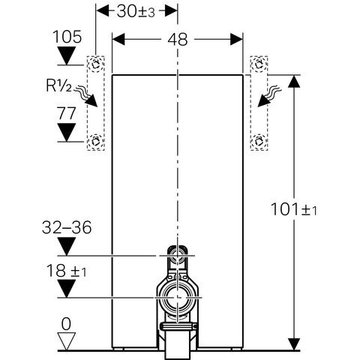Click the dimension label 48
[x=178, y=39]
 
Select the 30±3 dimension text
[x=136, y=11]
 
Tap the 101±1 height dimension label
[x=294, y=209]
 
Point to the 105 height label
[x=67, y=37]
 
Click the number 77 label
[x=67, y=113]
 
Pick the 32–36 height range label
[x=67, y=227]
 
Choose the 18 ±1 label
[x=67, y=271]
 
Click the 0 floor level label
[x=66, y=324]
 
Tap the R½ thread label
[x=58, y=85]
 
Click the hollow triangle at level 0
[x=66, y=341]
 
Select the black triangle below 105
[x=67, y=55]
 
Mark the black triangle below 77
[x=67, y=132]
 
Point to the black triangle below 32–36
[x=67, y=246]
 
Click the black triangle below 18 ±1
[x=67, y=289]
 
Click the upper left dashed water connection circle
[x=96, y=64]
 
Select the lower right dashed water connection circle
[x=259, y=142]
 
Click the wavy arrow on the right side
[x=269, y=97]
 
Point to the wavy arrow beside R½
[x=86, y=97]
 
